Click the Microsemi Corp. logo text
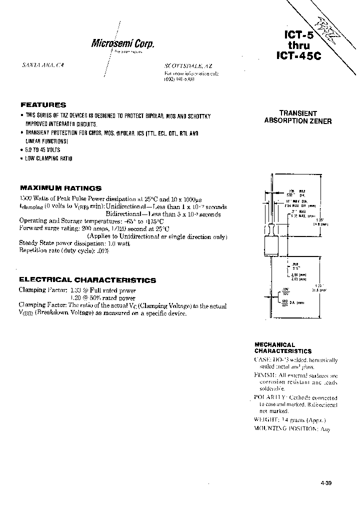click(122, 43)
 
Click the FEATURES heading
click(43, 105)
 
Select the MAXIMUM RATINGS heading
click(60, 188)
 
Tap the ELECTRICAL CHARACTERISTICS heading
click(87, 280)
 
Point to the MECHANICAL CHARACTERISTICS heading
click(282, 348)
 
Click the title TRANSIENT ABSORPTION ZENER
click(297, 117)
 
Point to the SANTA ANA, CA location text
click(44, 65)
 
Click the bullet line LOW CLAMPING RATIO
click(48, 158)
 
